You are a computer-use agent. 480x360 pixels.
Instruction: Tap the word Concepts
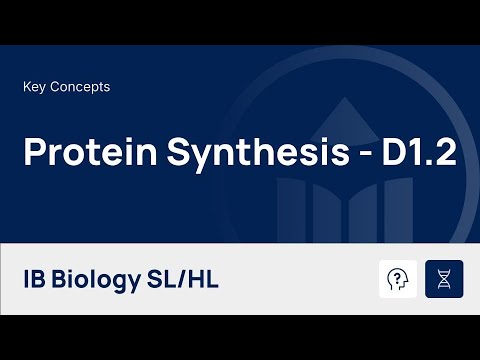[79, 87]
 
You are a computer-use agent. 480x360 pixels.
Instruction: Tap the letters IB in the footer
[36, 277]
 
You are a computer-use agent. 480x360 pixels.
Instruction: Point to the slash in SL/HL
[182, 277]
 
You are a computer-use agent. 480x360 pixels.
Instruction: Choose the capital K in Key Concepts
[26, 87]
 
